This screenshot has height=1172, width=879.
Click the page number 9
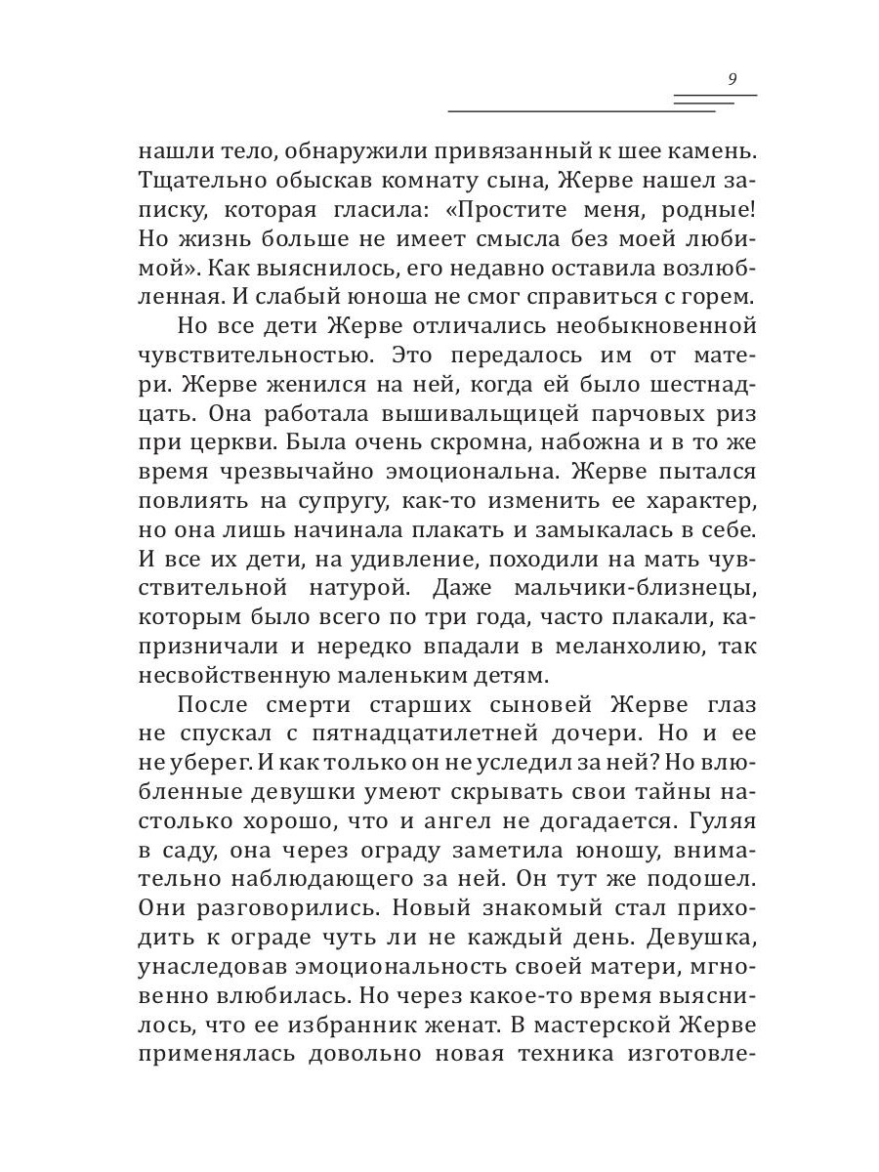732,79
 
